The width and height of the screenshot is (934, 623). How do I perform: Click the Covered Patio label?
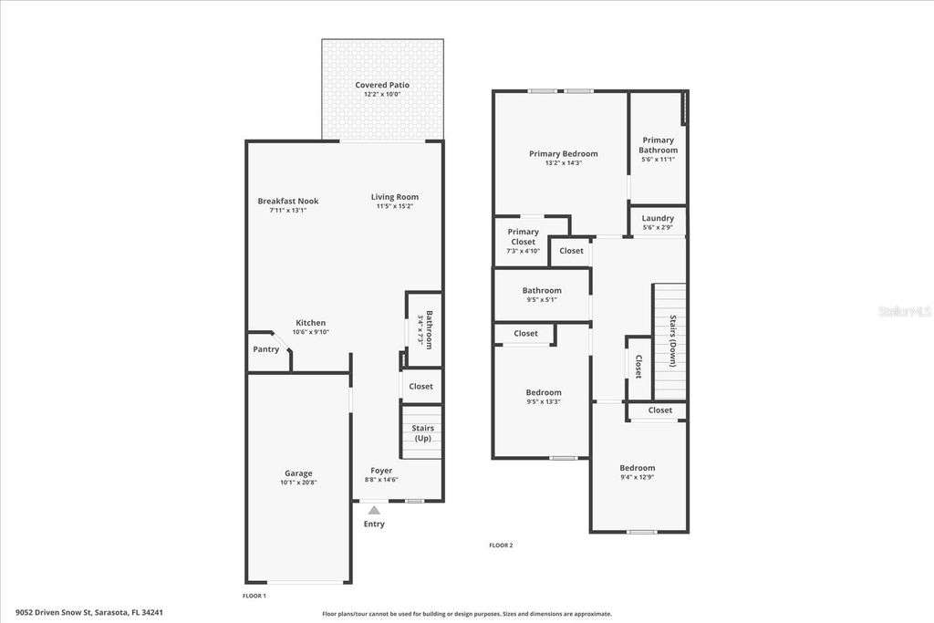tap(382, 85)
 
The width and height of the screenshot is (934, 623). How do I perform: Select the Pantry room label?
tap(266, 349)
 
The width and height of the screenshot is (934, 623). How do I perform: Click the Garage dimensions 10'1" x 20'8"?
tap(298, 483)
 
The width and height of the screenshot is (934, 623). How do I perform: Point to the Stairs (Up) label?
tap(422, 433)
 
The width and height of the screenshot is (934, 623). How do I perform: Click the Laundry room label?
tap(658, 218)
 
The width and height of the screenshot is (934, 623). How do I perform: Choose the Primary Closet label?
tap(523, 237)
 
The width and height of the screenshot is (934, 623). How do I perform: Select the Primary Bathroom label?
tap(658, 145)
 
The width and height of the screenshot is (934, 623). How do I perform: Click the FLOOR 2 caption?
tap(501, 545)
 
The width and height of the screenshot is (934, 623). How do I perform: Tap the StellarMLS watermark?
tap(904, 311)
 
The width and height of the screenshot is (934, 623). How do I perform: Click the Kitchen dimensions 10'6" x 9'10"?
tap(310, 332)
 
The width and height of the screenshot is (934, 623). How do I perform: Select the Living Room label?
tap(395, 197)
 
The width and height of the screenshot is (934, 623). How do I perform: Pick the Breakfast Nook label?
tap(287, 201)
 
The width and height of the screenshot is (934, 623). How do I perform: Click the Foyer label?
tap(381, 471)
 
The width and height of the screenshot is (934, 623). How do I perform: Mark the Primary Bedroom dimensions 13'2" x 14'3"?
tap(563, 162)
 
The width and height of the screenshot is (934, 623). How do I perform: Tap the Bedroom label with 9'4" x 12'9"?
tap(638, 468)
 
